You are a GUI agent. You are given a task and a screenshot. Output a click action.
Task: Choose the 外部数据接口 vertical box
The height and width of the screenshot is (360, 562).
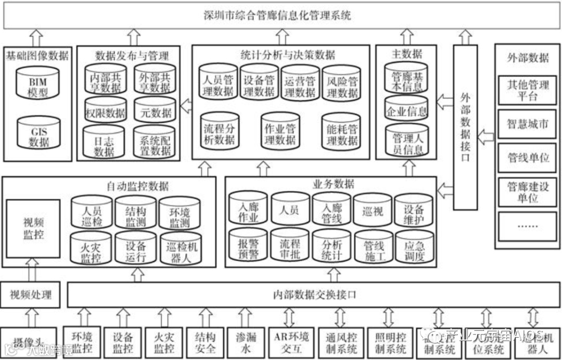point(465,127)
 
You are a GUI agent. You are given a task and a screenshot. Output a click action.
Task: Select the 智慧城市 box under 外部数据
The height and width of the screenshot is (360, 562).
point(528,124)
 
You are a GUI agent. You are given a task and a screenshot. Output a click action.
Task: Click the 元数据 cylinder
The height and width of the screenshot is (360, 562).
point(155,111)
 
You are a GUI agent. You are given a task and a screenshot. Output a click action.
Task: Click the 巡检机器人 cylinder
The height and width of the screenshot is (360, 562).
point(180,250)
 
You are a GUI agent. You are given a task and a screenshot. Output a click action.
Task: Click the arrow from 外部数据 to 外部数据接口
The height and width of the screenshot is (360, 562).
point(486,137)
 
